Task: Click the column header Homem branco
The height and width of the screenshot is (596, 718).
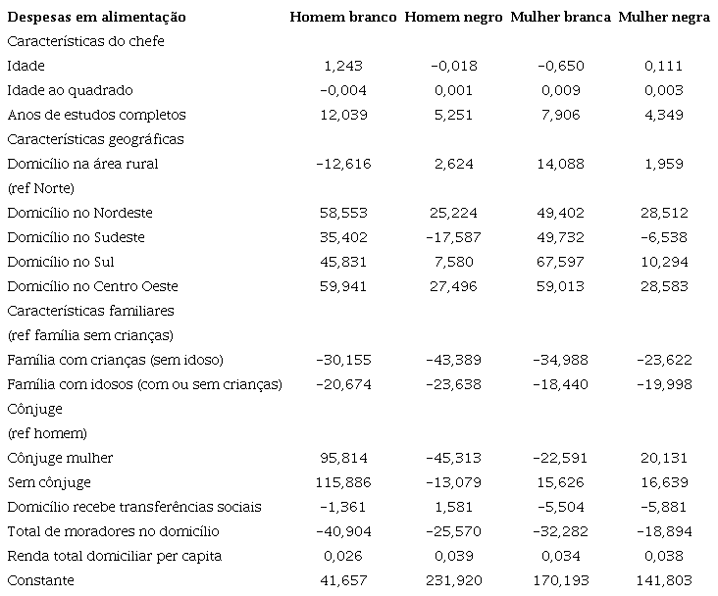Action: pos(343,18)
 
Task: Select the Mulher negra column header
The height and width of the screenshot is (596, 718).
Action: pos(664,18)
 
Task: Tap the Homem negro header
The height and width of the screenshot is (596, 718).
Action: pos(453,18)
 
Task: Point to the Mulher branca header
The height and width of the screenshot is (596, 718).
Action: pos(560,18)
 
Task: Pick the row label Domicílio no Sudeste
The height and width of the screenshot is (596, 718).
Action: pos(76,237)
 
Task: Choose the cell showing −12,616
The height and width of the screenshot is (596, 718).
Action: pos(343,164)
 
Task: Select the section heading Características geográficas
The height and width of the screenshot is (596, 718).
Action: pos(95,139)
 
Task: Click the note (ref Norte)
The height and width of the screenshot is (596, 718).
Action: pos(41,187)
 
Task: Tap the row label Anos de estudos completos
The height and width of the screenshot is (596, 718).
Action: pos(95,115)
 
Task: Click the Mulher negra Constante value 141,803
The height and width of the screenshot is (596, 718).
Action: pos(664,580)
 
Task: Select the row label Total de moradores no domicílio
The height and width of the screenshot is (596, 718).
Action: pos(113,531)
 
